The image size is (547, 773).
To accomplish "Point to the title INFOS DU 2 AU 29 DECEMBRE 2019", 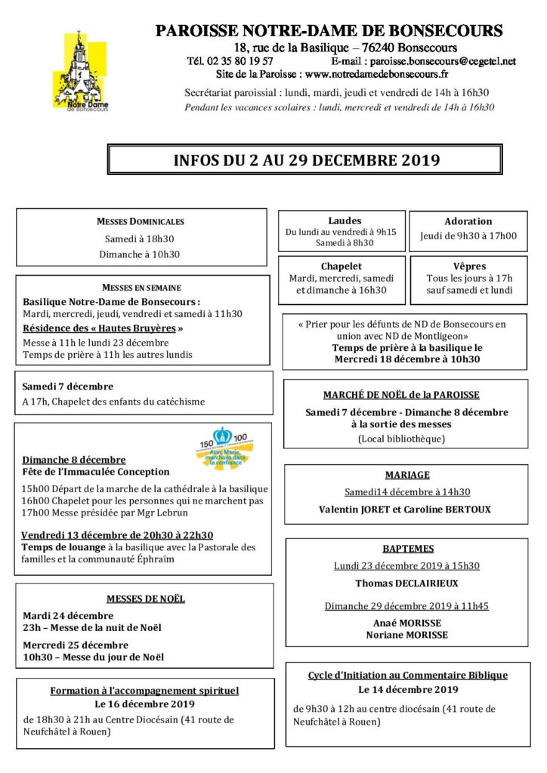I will pos(306,160).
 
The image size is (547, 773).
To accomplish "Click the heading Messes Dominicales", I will pos(141,222).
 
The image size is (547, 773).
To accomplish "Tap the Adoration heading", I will pos(468,222).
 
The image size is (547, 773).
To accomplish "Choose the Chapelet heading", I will pos(341,266).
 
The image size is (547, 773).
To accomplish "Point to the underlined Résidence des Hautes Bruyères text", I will pos(103,328).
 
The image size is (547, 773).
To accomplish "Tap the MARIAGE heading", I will pos(406,476).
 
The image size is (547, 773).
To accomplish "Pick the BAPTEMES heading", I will pos(407,549).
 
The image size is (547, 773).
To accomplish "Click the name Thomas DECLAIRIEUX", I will pos(406,584).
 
